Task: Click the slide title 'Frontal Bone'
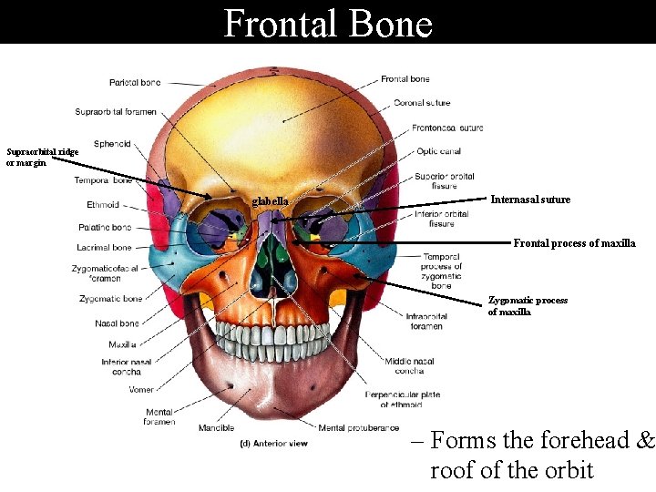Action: [x=328, y=23]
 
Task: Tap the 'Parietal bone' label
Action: [x=135, y=83]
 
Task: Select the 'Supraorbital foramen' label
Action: [x=116, y=112]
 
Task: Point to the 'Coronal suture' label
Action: [x=422, y=103]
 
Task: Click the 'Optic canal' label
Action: [x=438, y=151]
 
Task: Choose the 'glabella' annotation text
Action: [x=271, y=201]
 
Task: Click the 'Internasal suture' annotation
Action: [x=530, y=200]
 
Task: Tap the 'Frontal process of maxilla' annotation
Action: [x=574, y=243]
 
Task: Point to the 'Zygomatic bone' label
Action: [x=111, y=299]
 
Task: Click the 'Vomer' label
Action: [x=141, y=390]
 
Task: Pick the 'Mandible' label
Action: [x=216, y=427]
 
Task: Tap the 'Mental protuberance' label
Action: [x=358, y=427]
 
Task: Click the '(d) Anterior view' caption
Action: [x=273, y=444]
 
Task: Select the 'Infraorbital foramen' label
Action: [x=426, y=321]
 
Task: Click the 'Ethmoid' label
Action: [x=103, y=204]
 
